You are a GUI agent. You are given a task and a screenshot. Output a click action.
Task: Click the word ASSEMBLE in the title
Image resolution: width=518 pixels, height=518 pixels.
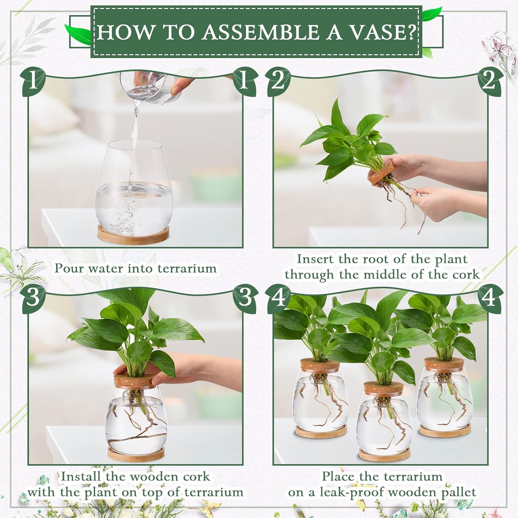coord(261,32)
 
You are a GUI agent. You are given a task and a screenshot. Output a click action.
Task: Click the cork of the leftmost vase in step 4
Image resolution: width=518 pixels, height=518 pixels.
coord(319,365)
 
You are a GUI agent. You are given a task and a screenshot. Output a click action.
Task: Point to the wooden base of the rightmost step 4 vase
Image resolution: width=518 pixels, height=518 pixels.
coord(445,431)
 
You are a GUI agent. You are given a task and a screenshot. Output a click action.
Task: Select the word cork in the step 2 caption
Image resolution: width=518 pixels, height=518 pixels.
coord(466,275)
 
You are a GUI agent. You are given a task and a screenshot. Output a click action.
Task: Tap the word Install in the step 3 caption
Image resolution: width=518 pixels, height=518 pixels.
coord(81,477)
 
